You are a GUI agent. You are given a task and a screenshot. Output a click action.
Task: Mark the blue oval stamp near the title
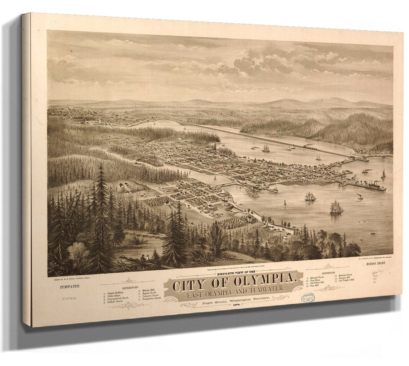click(x=308, y=298)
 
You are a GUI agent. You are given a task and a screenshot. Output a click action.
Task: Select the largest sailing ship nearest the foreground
click(x=337, y=208)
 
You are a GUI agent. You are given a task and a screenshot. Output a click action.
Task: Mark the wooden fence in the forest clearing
click(x=139, y=234)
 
